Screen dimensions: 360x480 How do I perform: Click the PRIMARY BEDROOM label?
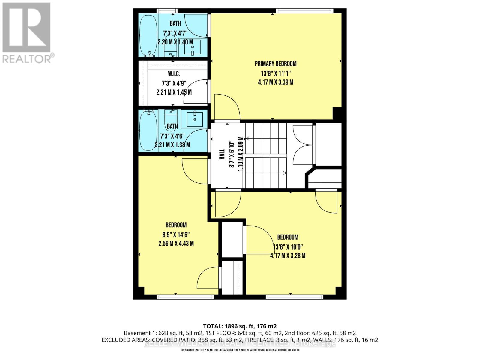click(x=275, y=64)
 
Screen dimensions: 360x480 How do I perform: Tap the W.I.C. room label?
click(x=174, y=74)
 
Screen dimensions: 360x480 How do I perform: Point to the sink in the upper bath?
click(x=192, y=47)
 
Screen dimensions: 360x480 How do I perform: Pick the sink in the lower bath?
click(x=195, y=119)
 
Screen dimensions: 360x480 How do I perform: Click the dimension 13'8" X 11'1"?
click(x=275, y=73)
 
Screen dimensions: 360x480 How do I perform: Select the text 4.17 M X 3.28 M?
click(x=288, y=256)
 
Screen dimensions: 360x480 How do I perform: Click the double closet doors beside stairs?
click(x=303, y=144)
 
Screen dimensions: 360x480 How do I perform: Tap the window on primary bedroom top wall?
click(x=304, y=11)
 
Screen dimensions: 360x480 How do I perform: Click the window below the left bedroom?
click(x=185, y=297)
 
